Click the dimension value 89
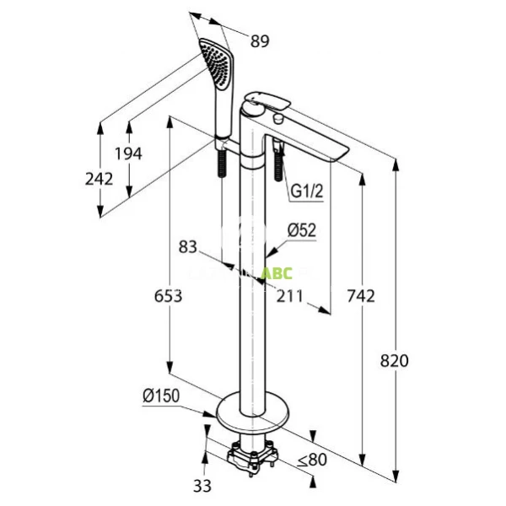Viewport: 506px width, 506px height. (260, 40)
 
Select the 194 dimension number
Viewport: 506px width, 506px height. (129, 153)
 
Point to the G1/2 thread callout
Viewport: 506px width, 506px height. (308, 192)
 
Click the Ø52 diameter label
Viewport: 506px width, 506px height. (301, 229)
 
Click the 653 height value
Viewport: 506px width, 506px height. (169, 296)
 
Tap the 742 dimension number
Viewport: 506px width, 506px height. (360, 295)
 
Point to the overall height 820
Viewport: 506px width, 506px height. (394, 360)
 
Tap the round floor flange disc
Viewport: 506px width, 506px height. (252, 412)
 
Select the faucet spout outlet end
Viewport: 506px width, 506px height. (341, 152)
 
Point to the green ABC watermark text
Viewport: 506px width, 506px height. (274, 273)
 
